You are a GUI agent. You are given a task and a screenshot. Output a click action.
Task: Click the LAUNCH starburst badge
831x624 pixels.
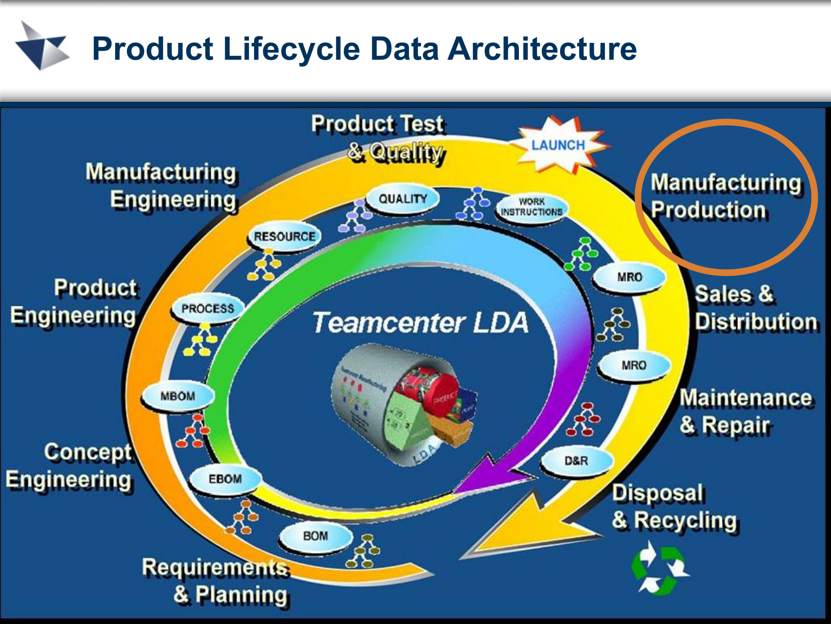point(558,145)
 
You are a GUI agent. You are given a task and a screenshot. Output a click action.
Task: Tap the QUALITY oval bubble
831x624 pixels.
point(403,199)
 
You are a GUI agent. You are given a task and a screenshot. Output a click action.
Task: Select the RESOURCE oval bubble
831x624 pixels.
point(284,237)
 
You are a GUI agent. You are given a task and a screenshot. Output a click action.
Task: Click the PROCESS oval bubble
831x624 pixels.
point(207,309)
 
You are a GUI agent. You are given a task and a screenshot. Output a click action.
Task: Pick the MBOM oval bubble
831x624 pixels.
point(178,396)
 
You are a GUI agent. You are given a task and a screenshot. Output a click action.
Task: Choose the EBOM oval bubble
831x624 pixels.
point(225,479)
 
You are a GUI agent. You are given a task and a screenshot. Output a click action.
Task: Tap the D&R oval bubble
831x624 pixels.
point(576,461)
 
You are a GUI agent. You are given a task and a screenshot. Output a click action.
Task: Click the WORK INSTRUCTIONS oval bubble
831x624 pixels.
point(531,207)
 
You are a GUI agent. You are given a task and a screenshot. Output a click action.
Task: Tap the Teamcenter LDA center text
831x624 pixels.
point(420,323)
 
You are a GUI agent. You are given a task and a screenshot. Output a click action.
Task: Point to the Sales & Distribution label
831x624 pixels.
point(755,308)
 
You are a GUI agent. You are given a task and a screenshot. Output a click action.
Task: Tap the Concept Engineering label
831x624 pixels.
point(69,466)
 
